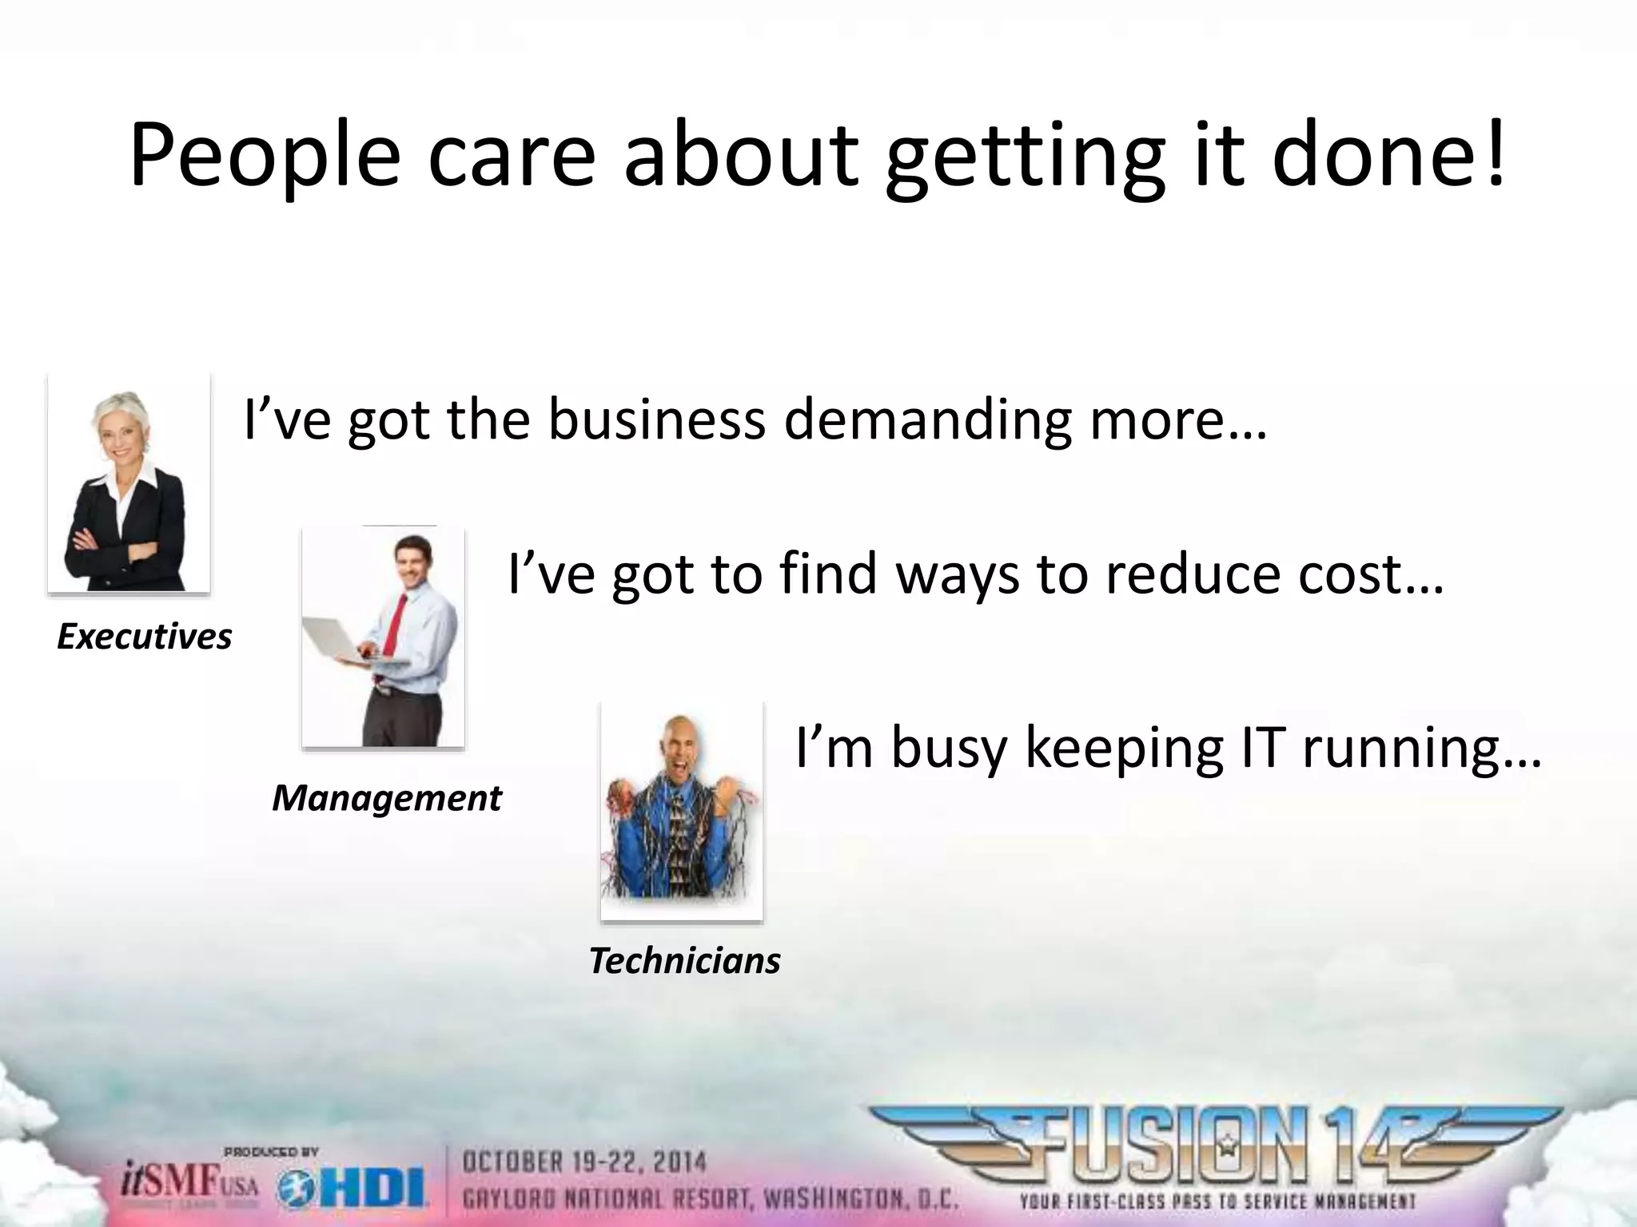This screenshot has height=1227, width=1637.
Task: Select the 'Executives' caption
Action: pos(144,637)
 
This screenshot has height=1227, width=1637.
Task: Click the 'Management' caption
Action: pos(387,798)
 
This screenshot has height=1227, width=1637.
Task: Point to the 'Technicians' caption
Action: pos(685,960)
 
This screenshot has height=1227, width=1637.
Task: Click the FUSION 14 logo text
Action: pos(1215,1146)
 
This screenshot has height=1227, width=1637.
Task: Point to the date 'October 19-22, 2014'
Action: pos(584,1161)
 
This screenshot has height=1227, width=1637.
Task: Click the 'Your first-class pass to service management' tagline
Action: pos(1217,1201)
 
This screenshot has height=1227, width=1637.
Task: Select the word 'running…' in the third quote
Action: pos(1423,749)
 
